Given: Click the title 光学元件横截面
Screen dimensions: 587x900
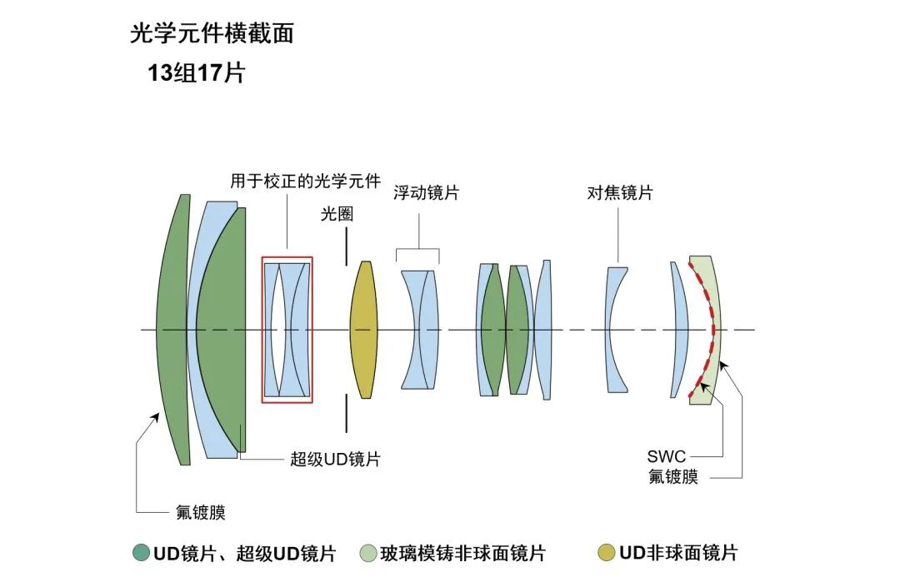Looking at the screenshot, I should tap(212, 33).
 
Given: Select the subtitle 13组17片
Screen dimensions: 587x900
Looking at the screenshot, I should tap(196, 73).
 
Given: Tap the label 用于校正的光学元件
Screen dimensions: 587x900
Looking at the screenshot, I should tap(305, 181).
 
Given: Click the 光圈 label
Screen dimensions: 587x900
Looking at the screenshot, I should tap(337, 214).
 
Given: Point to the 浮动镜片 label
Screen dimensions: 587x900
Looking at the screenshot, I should tap(426, 193).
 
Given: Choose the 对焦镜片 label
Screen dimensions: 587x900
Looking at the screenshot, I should tap(619, 193).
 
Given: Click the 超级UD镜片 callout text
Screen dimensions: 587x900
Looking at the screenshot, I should tap(335, 459).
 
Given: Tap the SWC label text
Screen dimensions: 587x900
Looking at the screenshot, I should tap(667, 457).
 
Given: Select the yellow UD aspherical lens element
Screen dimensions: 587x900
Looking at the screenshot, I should tap(363, 330).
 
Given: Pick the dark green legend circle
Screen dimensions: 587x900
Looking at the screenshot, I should tap(140, 553).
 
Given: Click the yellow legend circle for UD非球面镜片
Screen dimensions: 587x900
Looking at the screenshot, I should tap(607, 553).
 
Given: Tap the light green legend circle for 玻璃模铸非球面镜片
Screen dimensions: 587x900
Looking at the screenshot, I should tap(367, 553).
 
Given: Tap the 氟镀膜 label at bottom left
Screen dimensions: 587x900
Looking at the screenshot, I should tap(200, 512).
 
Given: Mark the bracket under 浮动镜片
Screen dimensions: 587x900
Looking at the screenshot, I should tap(417, 249).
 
